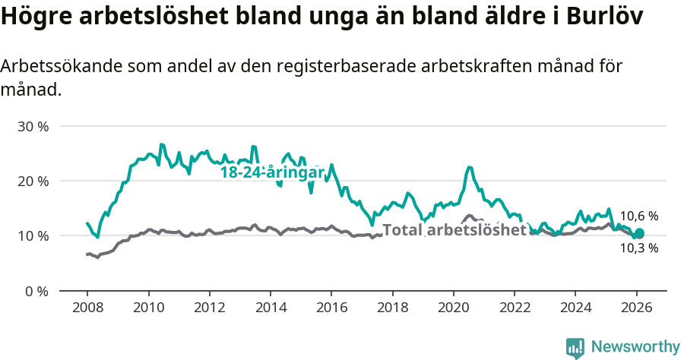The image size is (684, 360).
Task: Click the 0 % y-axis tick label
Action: click(x=36, y=291)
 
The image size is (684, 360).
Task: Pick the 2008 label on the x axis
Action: click(x=87, y=309)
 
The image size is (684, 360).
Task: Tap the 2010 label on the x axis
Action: click(x=148, y=309)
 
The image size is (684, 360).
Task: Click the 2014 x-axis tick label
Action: click(x=271, y=309)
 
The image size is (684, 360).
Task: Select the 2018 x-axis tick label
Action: click(x=392, y=309)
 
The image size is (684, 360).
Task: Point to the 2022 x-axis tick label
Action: click(x=515, y=309)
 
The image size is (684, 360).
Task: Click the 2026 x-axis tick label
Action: click(x=636, y=309)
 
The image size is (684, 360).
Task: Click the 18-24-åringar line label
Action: click(x=272, y=172)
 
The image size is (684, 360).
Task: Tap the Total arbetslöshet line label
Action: click(x=454, y=230)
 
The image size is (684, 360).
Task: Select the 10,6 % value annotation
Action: click(x=638, y=216)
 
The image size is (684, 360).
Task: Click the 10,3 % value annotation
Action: click(x=638, y=248)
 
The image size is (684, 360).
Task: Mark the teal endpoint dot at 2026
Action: click(x=639, y=233)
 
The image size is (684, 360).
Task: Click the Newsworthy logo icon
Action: click(x=575, y=347)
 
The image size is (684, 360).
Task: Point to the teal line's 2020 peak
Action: click(x=469, y=167)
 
